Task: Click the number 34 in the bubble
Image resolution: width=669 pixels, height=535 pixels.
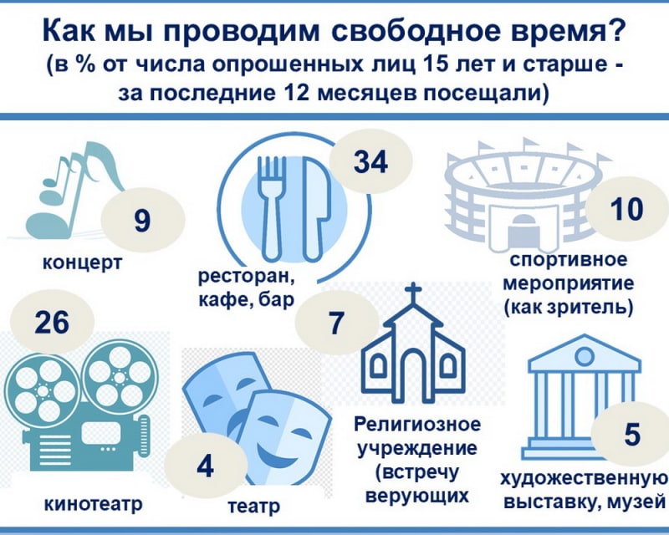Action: click(370, 161)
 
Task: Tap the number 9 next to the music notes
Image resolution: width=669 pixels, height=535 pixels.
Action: click(142, 220)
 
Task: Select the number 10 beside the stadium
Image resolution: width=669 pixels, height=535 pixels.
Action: click(626, 209)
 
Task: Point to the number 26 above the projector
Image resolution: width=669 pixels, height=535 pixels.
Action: click(52, 322)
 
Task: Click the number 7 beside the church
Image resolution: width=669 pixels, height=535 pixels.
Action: click(336, 323)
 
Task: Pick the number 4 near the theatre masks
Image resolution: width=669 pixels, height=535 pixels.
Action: click(205, 466)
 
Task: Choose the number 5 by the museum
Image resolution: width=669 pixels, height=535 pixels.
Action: click(632, 434)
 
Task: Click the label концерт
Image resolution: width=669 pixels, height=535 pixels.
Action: click(82, 262)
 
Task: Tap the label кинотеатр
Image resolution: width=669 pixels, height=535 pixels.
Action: click(94, 505)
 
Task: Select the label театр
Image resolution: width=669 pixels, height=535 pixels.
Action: click(254, 507)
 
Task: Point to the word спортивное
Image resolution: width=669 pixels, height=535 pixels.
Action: click(569, 259)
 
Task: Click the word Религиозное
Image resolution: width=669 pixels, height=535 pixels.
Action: click(417, 425)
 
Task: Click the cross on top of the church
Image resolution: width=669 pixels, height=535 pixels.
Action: click(413, 293)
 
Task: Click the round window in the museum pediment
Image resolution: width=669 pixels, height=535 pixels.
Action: click(585, 354)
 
